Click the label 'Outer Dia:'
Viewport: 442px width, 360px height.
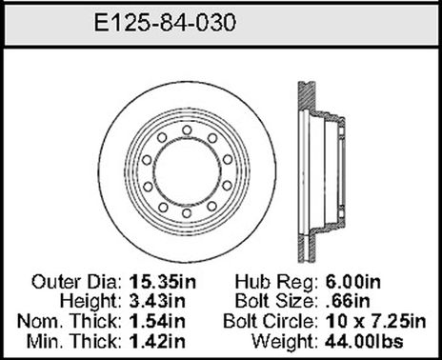point(76,283)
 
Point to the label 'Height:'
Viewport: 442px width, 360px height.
point(90,301)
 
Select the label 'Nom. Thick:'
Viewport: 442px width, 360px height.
point(71,319)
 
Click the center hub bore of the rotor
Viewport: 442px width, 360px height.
point(186,171)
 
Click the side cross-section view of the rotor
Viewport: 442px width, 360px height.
point(323,171)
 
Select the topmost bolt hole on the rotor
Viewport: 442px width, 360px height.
point(186,130)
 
